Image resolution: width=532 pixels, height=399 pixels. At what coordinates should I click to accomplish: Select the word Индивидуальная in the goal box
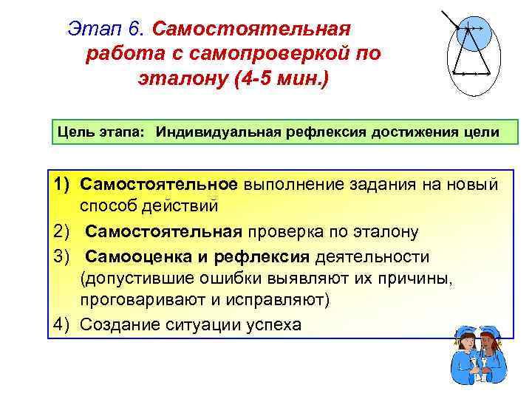pos(208,132)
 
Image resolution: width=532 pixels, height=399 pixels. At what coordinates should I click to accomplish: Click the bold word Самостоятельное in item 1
pos(159,183)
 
